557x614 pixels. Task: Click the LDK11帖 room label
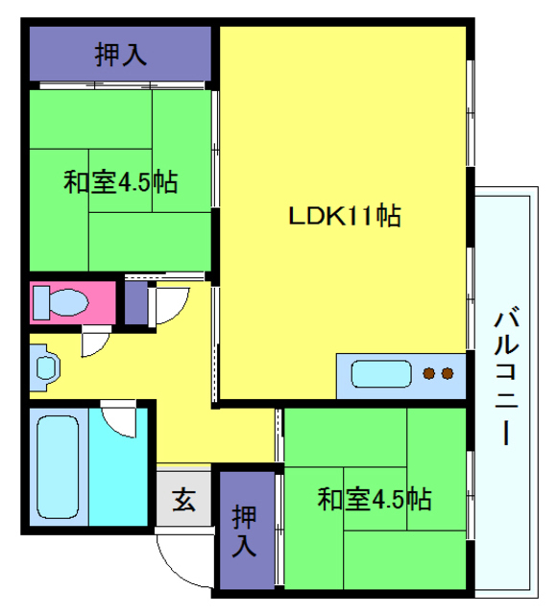(x=345, y=215)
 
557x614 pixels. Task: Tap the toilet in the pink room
(x=61, y=303)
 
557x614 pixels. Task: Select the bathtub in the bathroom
(x=58, y=467)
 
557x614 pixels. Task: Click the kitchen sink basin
(x=381, y=374)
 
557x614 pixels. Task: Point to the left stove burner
(x=429, y=373)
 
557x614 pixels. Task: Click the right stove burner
(x=448, y=373)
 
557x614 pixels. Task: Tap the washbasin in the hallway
(x=45, y=367)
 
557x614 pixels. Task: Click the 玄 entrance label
(x=183, y=499)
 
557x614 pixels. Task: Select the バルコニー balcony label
(x=506, y=377)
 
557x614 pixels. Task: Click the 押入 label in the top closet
(x=121, y=54)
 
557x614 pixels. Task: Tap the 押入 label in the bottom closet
(x=244, y=531)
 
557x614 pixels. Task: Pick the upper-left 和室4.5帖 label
(x=121, y=181)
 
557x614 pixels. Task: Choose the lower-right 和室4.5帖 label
(x=375, y=499)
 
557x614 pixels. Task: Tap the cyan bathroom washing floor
(x=118, y=467)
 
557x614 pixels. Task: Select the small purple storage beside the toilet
(x=136, y=303)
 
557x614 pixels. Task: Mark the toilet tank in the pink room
(x=41, y=303)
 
